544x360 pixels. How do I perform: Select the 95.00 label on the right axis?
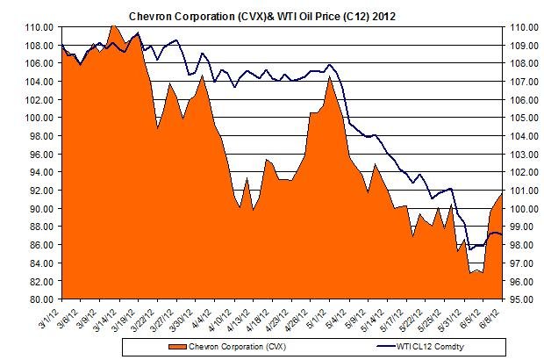point(519,299)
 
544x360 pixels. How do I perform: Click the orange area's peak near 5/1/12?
point(329,77)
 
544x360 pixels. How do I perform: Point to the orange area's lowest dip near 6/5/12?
point(472,273)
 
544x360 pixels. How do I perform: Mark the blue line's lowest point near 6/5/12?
point(471,249)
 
